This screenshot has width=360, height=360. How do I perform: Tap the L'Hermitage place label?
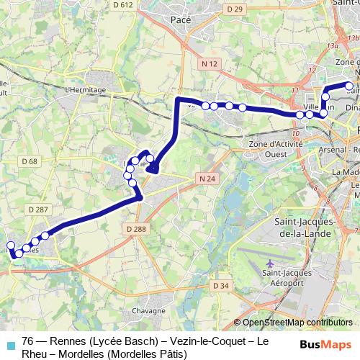point(85,89)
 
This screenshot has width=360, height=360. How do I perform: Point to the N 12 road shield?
point(210,64)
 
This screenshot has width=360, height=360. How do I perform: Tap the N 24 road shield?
point(207,178)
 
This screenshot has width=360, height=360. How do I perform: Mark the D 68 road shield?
point(30,161)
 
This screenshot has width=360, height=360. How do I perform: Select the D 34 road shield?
point(221,286)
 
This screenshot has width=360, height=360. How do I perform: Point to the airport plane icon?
point(269,264)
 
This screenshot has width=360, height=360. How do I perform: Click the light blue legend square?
point(9,344)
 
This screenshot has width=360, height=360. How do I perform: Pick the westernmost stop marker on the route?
point(11,246)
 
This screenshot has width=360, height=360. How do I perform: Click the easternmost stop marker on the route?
point(350,86)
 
